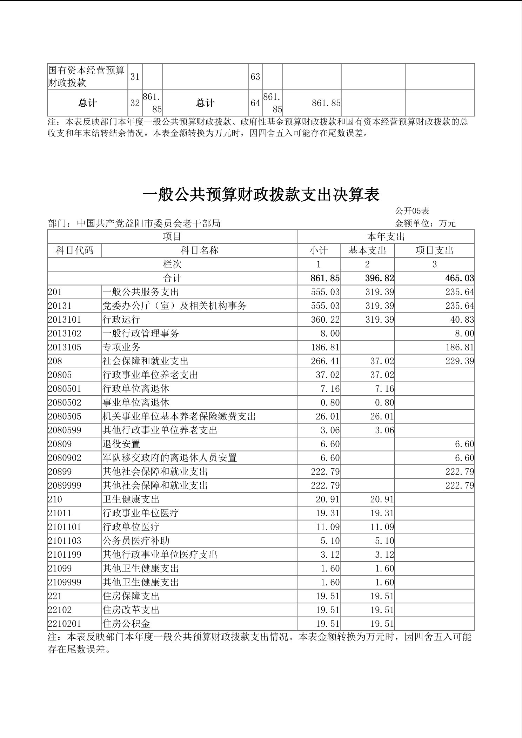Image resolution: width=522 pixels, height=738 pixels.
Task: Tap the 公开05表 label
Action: (412, 211)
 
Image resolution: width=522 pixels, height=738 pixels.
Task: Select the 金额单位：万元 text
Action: (425, 223)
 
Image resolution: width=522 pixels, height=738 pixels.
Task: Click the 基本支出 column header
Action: (367, 250)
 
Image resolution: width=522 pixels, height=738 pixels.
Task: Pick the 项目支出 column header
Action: (434, 250)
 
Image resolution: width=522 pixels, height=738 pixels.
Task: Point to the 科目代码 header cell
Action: (75, 250)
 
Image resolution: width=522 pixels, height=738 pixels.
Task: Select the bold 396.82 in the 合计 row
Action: (380, 278)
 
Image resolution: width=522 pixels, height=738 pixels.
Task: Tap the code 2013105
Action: (65, 347)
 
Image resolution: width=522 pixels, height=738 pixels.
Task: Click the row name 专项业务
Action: (121, 347)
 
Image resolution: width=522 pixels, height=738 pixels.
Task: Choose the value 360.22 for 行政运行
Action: (325, 320)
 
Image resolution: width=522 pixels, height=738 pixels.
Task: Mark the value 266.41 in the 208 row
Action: (325, 361)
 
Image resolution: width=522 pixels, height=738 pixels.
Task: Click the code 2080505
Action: (65, 416)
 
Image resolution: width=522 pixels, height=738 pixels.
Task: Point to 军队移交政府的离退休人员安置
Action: (170, 458)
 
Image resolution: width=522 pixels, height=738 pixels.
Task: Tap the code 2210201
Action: (65, 624)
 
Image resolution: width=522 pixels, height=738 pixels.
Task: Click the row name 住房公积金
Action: (126, 624)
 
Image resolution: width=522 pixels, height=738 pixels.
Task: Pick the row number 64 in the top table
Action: (255, 103)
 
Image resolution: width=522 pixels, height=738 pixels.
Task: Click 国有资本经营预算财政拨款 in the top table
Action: (86, 76)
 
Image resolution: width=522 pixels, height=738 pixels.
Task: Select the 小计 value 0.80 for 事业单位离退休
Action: (330, 403)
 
